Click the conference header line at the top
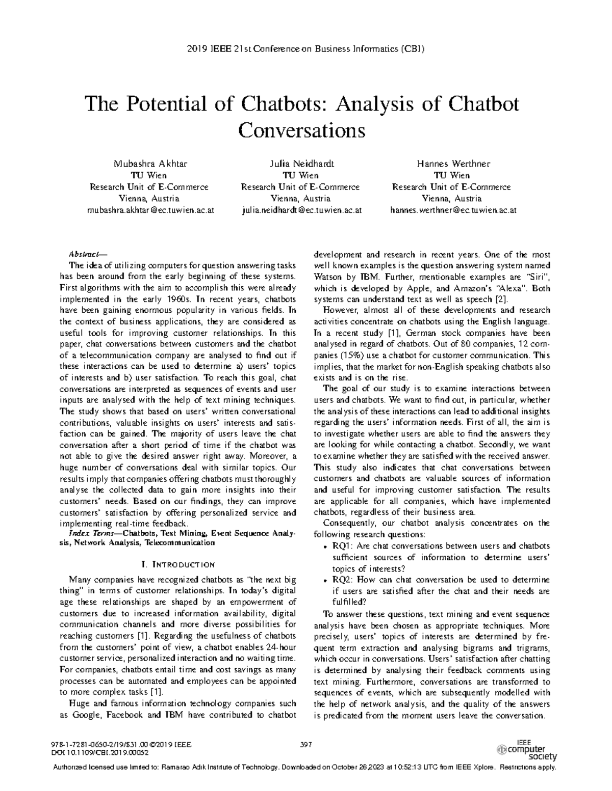tap(306, 49)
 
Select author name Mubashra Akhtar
tap(149, 164)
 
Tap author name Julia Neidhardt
tap(301, 164)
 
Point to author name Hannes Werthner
tap(453, 164)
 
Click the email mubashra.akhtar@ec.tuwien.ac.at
tap(149, 210)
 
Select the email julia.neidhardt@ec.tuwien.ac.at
tap(301, 210)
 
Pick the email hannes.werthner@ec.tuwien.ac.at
tap(453, 210)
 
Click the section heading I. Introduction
tap(177, 564)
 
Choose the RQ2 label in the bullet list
tap(341, 580)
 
